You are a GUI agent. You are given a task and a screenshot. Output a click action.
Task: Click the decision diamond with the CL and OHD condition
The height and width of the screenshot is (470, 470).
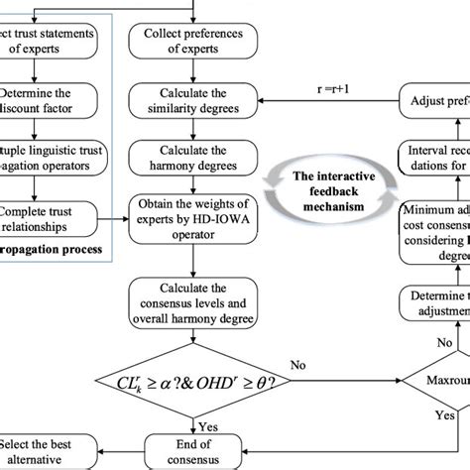click(x=188, y=377)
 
